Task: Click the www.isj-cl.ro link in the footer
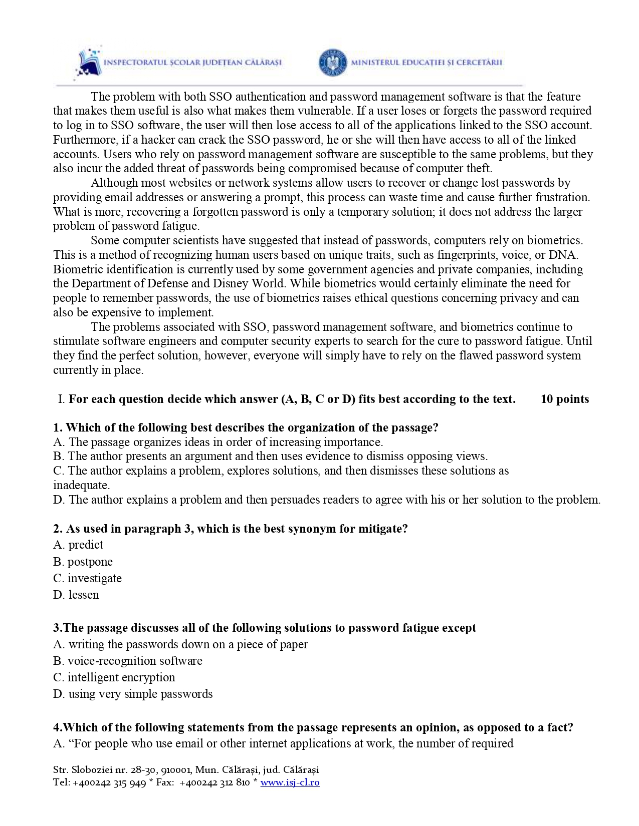coord(290,782)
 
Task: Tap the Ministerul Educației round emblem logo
coord(332,63)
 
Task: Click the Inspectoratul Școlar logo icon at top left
coord(88,63)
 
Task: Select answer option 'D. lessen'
coord(76,595)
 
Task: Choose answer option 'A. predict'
coord(78,545)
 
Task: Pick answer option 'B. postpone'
coord(83,562)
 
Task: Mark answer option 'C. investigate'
coord(88,578)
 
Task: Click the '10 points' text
coord(565,399)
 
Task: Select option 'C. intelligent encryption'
coord(114,677)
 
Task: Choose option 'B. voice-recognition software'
coord(128,661)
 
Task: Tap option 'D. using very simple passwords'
coord(133,694)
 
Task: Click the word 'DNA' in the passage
coord(562,255)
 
